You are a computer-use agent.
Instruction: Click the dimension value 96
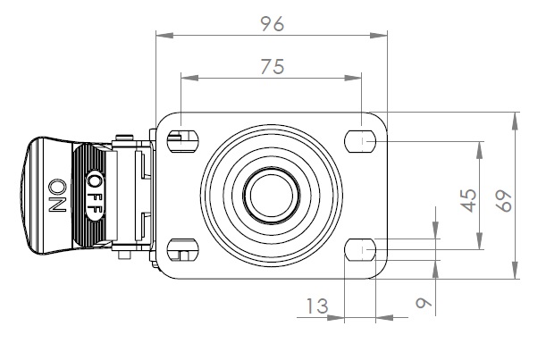point(273,24)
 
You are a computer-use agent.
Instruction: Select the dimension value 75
point(273,66)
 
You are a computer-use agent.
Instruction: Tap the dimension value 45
point(468,200)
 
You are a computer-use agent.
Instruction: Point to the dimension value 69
point(504,201)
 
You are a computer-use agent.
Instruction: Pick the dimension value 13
point(317,306)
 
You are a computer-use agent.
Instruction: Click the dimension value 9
point(424,303)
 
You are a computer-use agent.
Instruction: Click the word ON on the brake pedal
point(57,196)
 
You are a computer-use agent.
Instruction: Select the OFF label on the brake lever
point(95,195)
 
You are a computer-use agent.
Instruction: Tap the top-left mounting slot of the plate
point(183,140)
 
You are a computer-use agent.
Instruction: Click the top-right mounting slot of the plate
point(360,141)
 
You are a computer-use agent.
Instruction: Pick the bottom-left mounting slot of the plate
point(183,249)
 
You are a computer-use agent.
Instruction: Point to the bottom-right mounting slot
point(360,249)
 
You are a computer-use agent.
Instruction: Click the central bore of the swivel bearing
point(272,195)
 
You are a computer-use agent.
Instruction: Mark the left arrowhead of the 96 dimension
point(164,35)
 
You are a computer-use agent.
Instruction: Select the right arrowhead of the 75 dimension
point(353,78)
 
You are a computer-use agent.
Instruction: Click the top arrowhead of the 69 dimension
point(515,121)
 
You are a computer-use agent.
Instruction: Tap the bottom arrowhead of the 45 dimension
point(480,241)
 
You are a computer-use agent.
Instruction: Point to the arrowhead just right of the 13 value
point(336,317)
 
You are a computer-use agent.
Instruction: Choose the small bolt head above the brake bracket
point(124,138)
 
